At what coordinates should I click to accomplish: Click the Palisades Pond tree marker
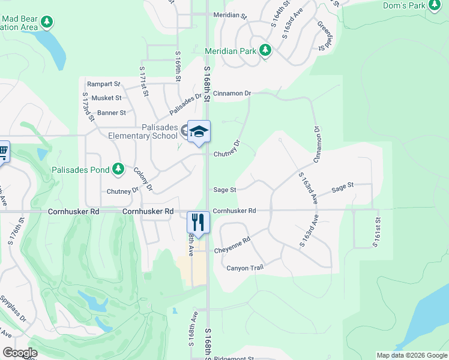point(118,169)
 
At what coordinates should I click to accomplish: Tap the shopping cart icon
point(3,152)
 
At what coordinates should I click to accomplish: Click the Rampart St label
point(103,85)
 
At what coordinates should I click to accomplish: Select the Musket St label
point(106,98)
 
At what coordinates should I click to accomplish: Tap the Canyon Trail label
point(245,268)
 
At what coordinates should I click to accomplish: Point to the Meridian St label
point(231,14)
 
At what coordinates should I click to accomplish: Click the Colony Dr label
point(143,179)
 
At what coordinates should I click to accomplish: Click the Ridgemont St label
point(234,358)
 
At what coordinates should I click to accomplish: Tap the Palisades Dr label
point(185,106)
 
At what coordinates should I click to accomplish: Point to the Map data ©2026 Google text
point(411,355)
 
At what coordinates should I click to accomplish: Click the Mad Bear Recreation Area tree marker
point(47,23)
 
